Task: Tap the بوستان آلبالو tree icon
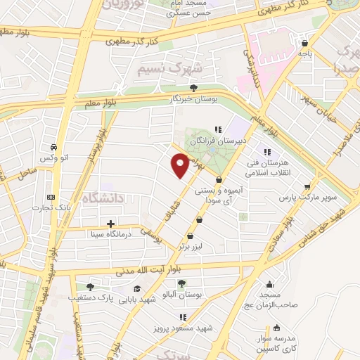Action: click(x=181, y=283)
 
